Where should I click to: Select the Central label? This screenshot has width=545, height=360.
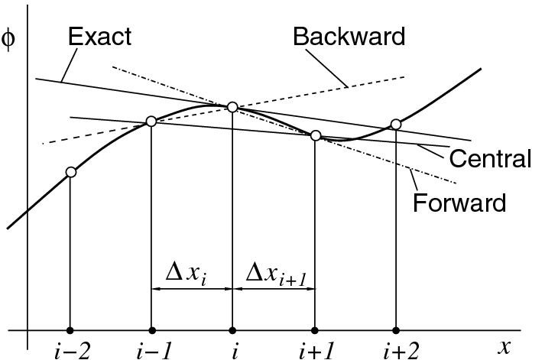coord(490,160)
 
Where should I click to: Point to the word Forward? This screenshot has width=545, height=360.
coord(459,203)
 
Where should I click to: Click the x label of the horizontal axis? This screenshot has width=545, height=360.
coord(504,347)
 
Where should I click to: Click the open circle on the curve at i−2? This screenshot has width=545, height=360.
coord(71,172)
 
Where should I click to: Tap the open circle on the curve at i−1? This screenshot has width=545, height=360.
coord(151,121)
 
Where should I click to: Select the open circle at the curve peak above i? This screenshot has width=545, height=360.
coord(232,106)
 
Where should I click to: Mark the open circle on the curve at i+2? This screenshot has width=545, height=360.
coord(395,124)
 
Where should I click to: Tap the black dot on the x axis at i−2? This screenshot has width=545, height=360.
coord(70,330)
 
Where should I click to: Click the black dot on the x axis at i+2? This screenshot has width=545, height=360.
coord(395,330)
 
